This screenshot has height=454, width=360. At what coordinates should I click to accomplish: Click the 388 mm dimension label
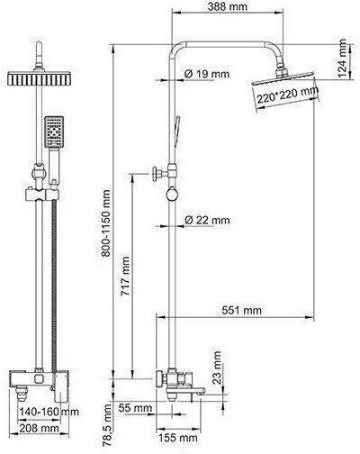tap(228, 6)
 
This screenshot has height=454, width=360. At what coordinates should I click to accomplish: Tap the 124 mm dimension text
tap(342, 58)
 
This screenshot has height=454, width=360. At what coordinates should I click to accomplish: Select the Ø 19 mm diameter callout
tap(207, 74)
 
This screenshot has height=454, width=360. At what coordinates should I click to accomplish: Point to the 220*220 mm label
tap(288, 95)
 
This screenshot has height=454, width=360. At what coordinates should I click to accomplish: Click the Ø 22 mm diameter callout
tap(207, 220)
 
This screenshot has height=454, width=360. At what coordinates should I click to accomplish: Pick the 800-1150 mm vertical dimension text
tap(105, 222)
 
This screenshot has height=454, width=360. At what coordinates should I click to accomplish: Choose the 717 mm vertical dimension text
tap(125, 276)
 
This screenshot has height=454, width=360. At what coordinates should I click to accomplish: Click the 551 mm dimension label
tap(242, 310)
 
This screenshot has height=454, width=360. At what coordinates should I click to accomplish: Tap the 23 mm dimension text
tap(216, 368)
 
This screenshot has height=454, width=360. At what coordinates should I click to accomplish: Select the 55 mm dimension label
tap(135, 408)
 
